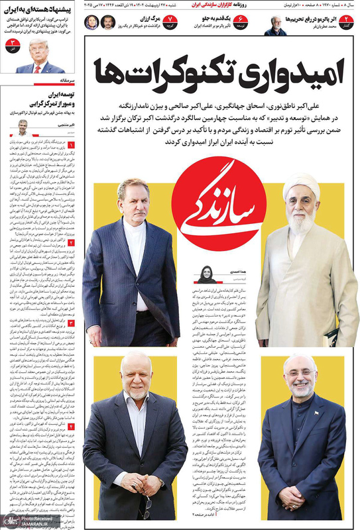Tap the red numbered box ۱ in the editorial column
pos(72,144)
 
